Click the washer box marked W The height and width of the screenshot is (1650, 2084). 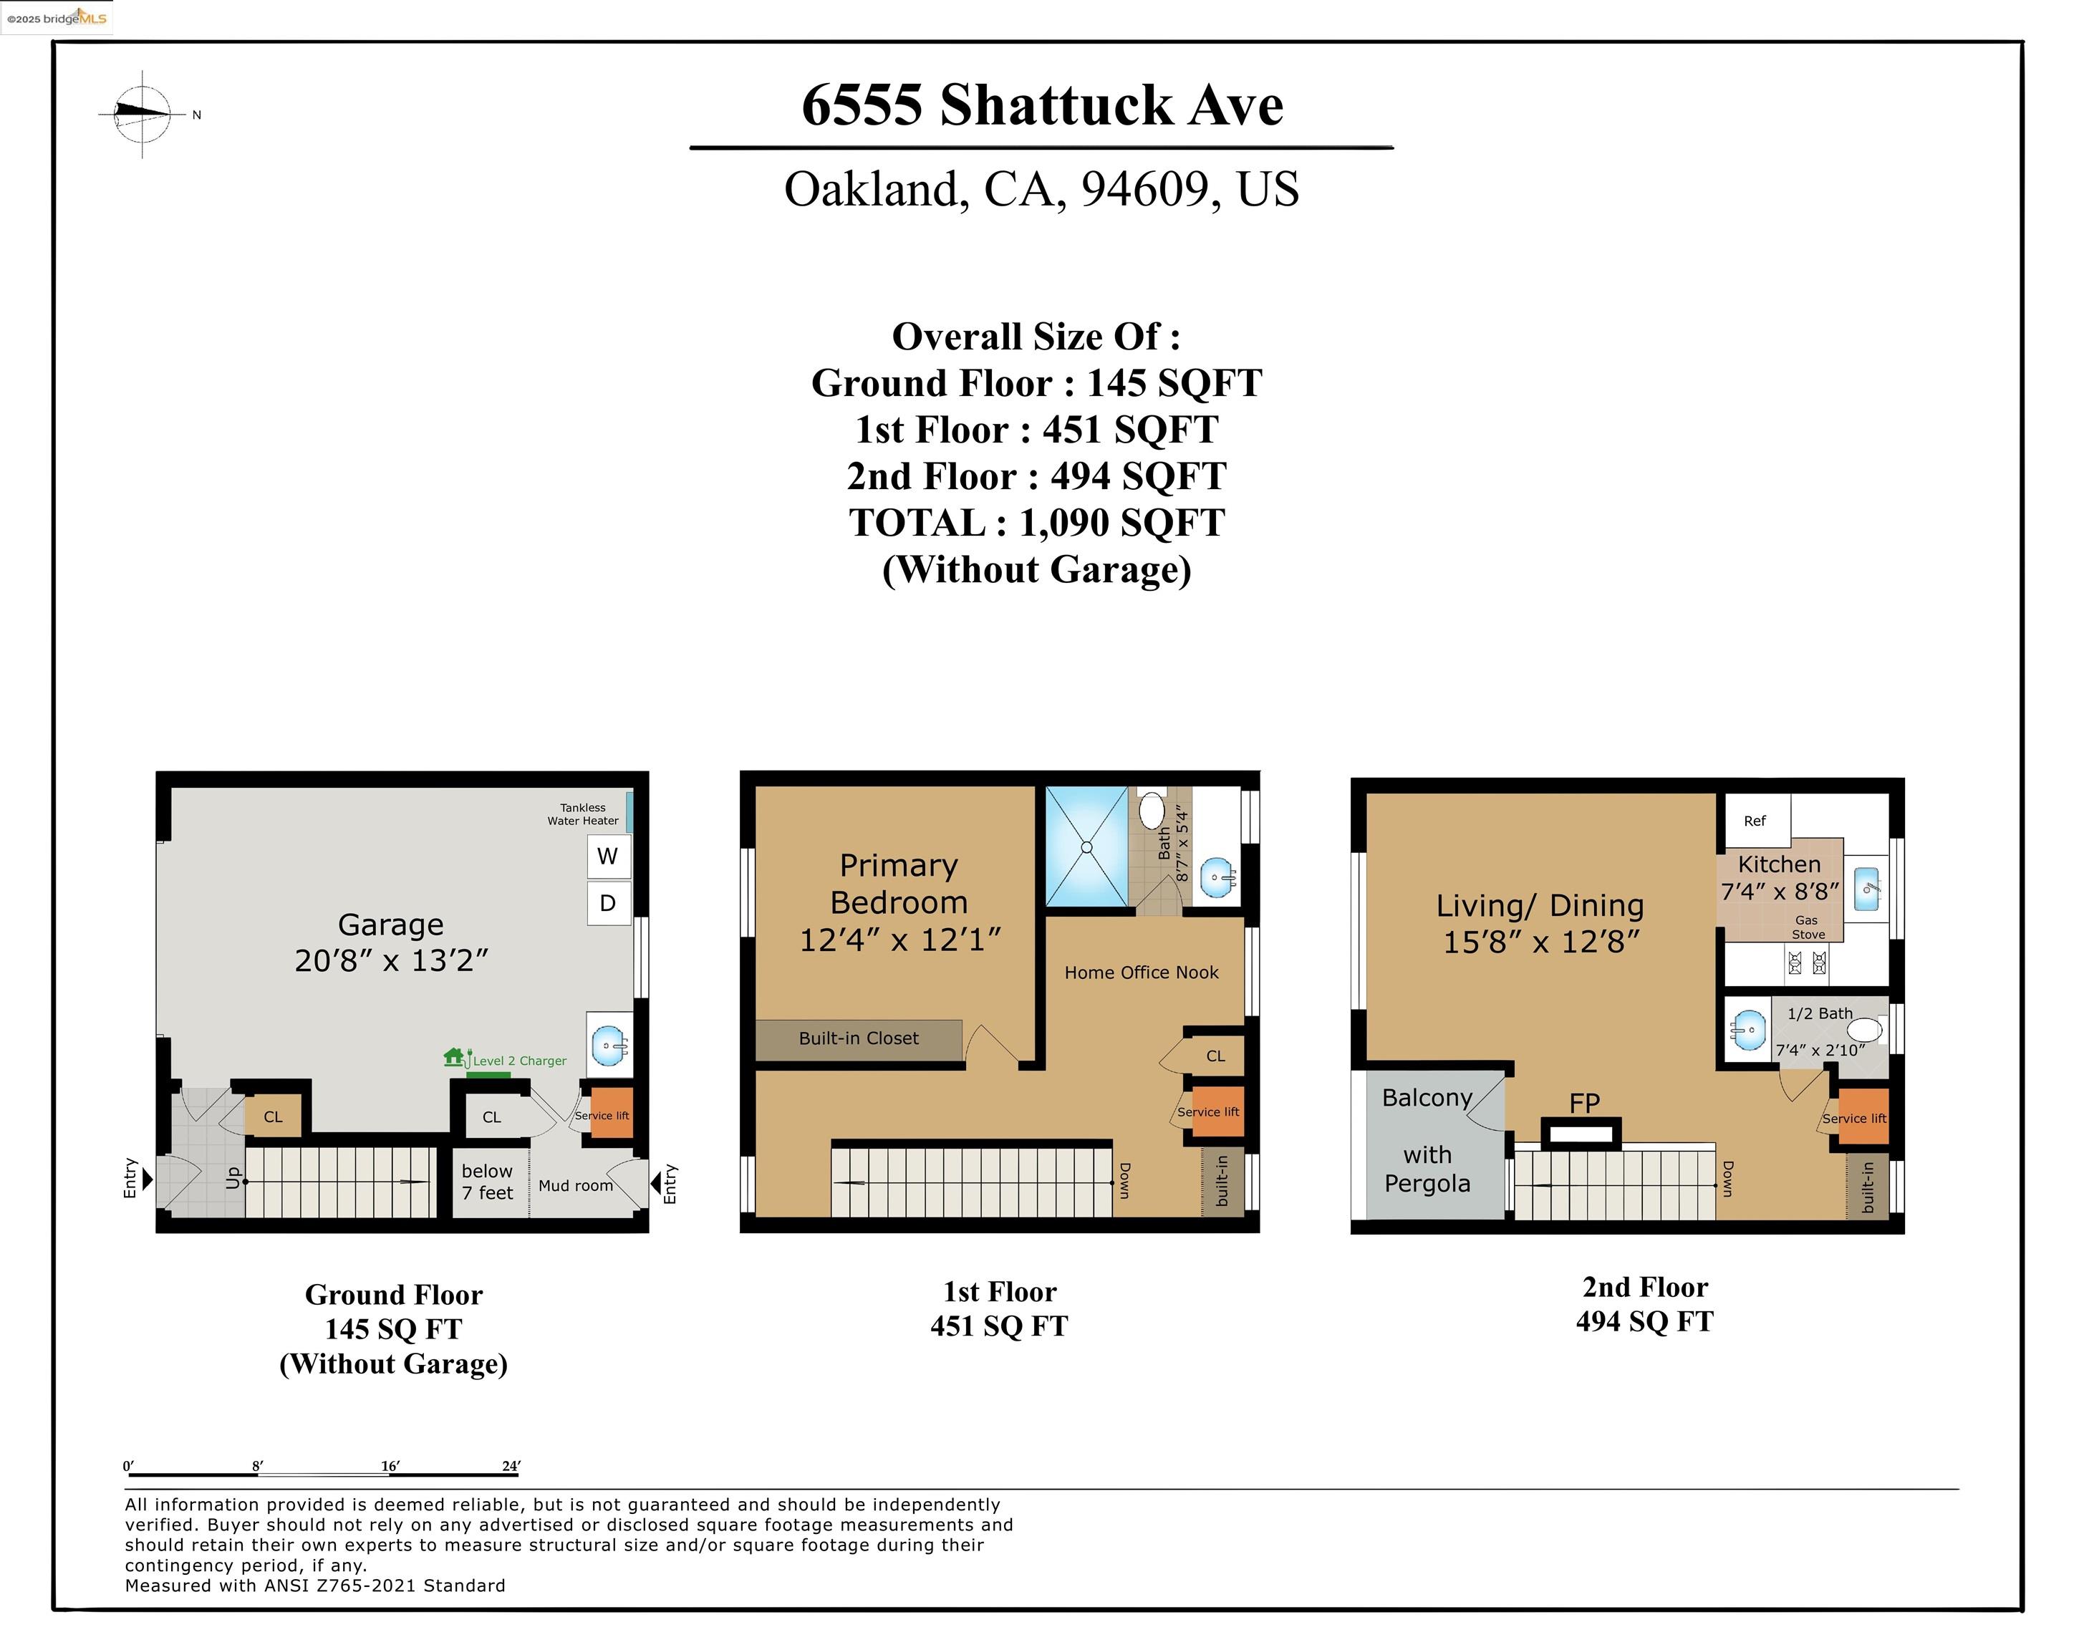click(x=608, y=855)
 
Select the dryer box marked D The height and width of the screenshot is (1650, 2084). click(x=608, y=903)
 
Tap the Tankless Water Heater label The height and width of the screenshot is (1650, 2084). click(x=583, y=814)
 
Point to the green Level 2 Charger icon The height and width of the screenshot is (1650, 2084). click(x=455, y=1058)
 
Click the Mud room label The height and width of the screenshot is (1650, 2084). click(x=576, y=1185)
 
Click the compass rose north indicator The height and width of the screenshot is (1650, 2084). click(x=143, y=114)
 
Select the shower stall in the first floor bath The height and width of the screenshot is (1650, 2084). click(x=1087, y=846)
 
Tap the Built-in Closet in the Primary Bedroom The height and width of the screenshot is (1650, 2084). click(x=858, y=1039)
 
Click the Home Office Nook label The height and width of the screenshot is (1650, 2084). click(x=1141, y=973)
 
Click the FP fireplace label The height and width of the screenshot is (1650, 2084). click(x=1585, y=1102)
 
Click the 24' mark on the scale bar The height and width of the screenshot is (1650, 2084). click(x=511, y=1465)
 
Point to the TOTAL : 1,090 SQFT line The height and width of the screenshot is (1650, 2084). click(x=1037, y=523)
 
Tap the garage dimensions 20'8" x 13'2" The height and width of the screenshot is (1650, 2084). click(x=391, y=960)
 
